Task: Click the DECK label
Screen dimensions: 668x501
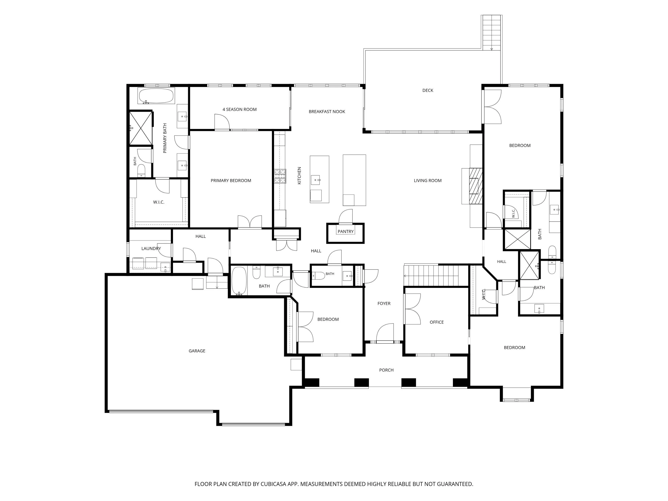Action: (x=428, y=90)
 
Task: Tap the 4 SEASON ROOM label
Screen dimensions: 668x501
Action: (x=239, y=109)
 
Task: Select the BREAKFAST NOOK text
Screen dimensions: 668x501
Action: (x=327, y=111)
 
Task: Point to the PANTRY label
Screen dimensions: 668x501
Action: (x=346, y=231)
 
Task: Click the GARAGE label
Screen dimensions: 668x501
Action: (x=197, y=351)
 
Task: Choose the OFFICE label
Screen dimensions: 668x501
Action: (x=437, y=322)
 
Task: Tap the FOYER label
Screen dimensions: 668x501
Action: (x=384, y=303)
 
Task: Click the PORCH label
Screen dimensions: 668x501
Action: (x=386, y=370)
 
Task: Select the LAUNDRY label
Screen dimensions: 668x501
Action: (x=151, y=248)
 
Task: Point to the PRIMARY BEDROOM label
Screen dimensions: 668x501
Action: (x=231, y=181)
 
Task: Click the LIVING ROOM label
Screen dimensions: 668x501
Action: (x=428, y=181)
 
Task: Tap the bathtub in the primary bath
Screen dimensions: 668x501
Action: (x=156, y=96)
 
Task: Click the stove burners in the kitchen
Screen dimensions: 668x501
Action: (x=280, y=176)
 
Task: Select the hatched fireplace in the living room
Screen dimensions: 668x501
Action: (x=476, y=186)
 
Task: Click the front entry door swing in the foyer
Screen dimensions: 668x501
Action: (x=385, y=333)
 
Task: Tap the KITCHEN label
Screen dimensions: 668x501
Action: (x=299, y=175)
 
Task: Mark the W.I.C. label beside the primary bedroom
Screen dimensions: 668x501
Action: (x=159, y=202)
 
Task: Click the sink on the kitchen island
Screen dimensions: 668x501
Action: (x=316, y=180)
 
